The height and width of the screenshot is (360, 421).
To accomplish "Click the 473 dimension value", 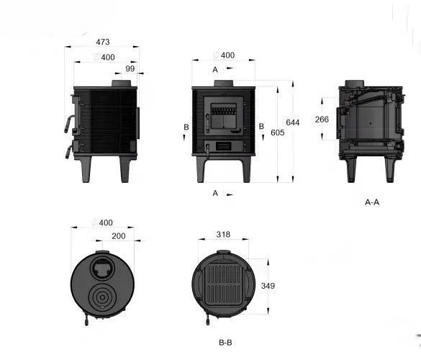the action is [103, 42].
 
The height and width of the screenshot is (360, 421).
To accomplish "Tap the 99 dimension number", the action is [130, 68].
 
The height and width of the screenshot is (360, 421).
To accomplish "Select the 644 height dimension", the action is [292, 122].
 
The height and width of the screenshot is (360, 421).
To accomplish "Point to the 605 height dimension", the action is [277, 132].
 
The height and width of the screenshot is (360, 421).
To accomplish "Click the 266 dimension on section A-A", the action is [322, 120].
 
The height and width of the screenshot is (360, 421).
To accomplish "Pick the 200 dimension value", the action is [119, 236].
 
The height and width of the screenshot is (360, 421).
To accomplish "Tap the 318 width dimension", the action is [223, 235].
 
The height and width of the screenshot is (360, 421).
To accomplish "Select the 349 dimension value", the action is [268, 286].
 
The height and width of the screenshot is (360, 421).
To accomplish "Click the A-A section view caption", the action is [372, 202].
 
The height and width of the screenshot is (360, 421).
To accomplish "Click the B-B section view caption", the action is [225, 343].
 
